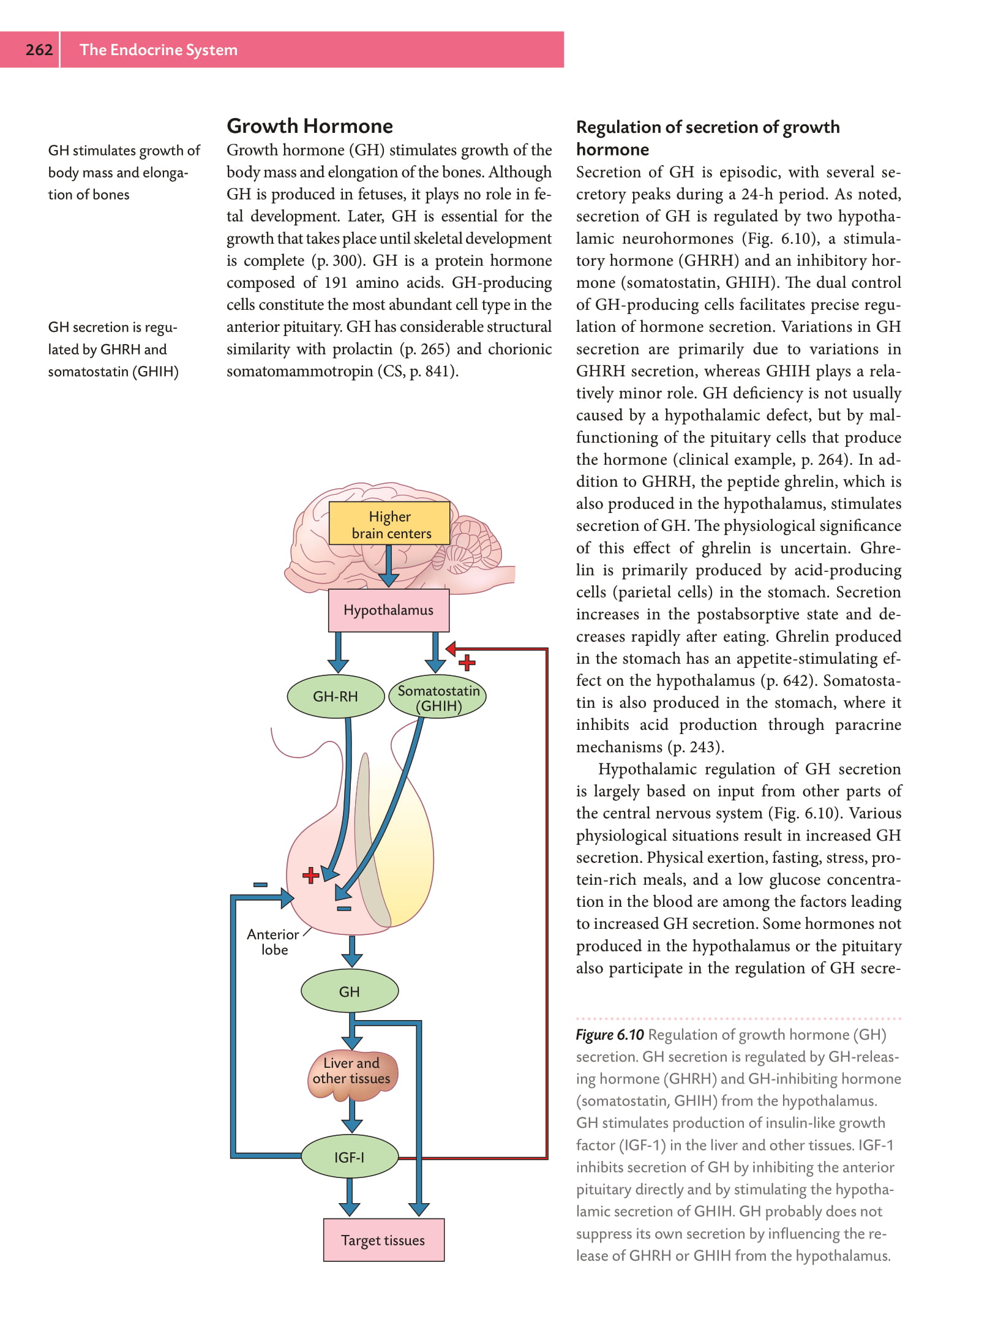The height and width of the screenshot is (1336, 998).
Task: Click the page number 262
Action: [39, 50]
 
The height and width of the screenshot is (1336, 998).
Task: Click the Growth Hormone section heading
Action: [310, 126]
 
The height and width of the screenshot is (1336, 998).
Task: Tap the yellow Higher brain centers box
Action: [389, 524]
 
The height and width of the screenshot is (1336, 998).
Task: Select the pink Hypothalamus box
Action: [389, 610]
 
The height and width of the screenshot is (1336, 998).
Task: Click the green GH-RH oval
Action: [336, 697]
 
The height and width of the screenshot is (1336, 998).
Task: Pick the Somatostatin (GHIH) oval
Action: [438, 698]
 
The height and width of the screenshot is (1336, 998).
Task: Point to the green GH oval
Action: [350, 991]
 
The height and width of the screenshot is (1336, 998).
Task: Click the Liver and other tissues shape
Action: [352, 1071]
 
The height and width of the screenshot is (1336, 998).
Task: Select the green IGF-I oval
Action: [350, 1157]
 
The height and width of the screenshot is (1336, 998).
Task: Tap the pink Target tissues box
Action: [383, 1240]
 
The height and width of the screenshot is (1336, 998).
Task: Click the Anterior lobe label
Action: [273, 942]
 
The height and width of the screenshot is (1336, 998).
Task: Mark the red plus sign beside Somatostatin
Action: [467, 662]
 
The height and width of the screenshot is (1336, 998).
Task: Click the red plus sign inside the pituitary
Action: [311, 875]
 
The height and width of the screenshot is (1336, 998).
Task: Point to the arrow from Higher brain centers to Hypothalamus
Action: [388, 566]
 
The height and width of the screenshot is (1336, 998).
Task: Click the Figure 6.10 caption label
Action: [609, 1035]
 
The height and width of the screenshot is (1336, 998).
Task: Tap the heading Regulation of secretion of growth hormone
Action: [707, 138]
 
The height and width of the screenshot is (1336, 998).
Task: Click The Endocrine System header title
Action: [159, 50]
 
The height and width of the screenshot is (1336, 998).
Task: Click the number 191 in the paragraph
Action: [336, 283]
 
